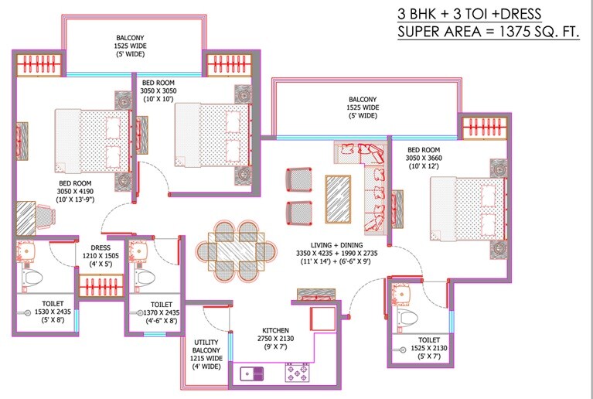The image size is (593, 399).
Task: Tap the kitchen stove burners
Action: click(297, 374)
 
